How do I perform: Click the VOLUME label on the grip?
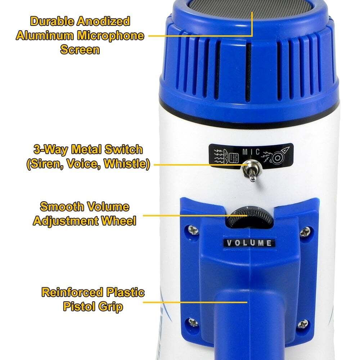tap(249, 243)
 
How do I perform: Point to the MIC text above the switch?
tap(251, 152)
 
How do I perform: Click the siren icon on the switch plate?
tap(226, 156)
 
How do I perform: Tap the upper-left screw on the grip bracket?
tap(193, 230)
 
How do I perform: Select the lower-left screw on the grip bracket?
tap(193, 322)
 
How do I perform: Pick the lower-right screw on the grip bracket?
tap(303, 324)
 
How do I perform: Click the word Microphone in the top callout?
tap(111, 36)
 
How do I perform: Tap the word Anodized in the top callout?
tap(103, 21)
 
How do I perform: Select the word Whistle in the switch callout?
tap(127, 164)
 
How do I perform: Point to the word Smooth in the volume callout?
tap(62, 207)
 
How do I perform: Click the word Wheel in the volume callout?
tap(119, 221)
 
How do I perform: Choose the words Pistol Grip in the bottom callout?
tap(93, 307)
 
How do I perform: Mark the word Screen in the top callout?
tap(80, 50)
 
